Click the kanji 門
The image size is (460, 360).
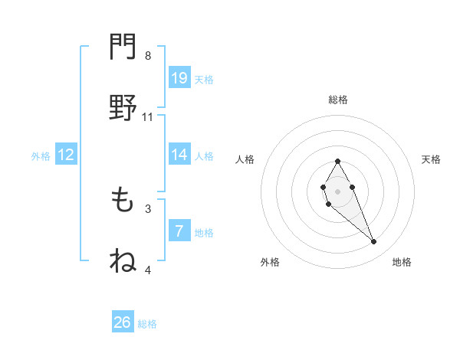tap(123, 47)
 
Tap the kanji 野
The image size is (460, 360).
tap(123, 108)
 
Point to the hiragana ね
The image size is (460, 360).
tap(123, 260)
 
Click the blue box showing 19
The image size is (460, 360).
tap(179, 78)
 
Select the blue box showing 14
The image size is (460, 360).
tap(179, 155)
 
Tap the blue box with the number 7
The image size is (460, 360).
tap(179, 231)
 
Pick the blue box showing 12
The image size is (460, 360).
tap(66, 155)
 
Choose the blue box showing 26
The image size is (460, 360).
tap(123, 322)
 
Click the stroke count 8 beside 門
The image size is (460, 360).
tap(148, 56)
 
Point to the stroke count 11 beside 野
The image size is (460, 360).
tap(148, 117)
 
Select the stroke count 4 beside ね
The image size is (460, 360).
tap(148, 270)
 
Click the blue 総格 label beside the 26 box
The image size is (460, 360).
tap(147, 324)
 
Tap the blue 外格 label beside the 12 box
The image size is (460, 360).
tap(41, 156)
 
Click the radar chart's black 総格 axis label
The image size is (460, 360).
tap(338, 100)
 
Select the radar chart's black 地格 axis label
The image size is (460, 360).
tap(402, 262)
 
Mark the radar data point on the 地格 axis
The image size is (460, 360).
tap(374, 242)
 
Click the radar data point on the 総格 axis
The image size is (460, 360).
tap(337, 161)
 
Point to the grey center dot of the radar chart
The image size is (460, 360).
tap(337, 190)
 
